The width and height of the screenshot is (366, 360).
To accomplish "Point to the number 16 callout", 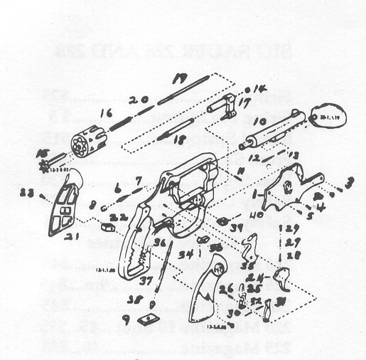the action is coord(107,112).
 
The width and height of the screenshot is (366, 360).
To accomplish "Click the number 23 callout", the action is coord(27,191).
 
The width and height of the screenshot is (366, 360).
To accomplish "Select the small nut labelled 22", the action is coord(109,227).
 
